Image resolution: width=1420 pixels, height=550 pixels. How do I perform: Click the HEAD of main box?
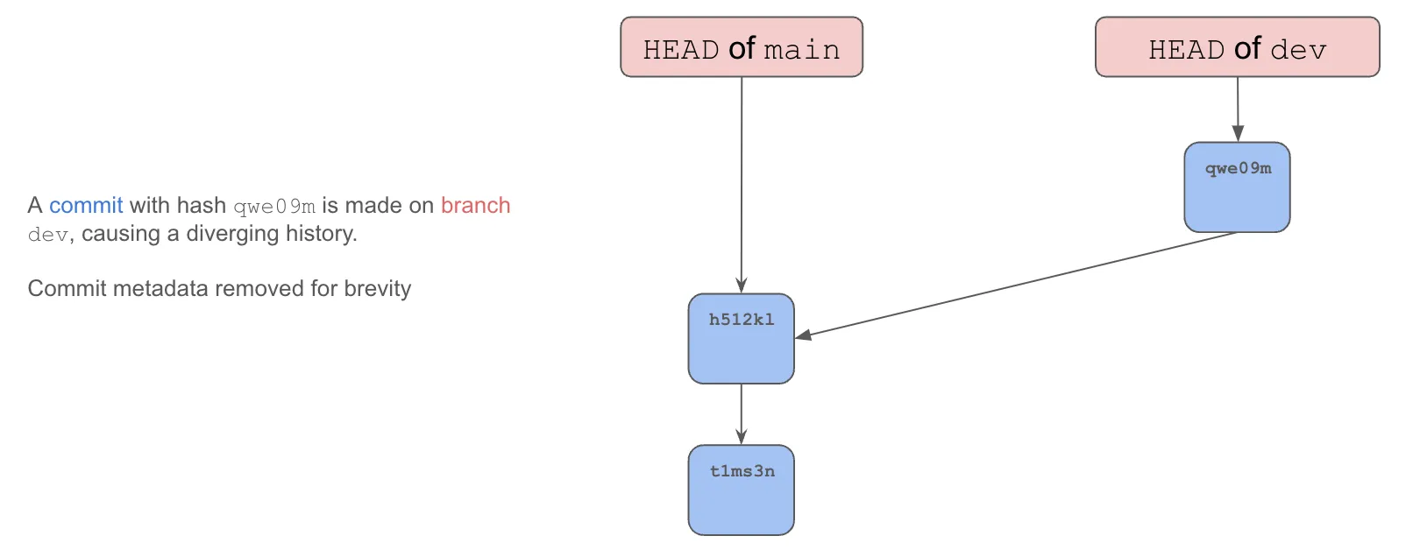pos(741,47)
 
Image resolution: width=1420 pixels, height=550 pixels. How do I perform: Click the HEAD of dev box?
pos(1237,47)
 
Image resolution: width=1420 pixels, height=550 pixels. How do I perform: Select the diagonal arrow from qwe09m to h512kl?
pos(1017,285)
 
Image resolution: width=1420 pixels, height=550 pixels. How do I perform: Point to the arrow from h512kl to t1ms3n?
pos(742,413)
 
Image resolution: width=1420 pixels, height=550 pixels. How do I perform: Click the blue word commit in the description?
pos(86,206)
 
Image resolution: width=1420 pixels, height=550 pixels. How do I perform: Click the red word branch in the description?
pos(475,206)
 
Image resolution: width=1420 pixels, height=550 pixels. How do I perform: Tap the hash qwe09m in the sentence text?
pos(274,207)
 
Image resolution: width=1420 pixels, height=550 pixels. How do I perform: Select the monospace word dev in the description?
pos(47,235)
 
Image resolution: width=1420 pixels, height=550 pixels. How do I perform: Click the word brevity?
pos(378,289)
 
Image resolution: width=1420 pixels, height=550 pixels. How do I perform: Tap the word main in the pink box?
pos(801,50)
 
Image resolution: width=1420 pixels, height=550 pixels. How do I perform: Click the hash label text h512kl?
pos(742,320)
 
